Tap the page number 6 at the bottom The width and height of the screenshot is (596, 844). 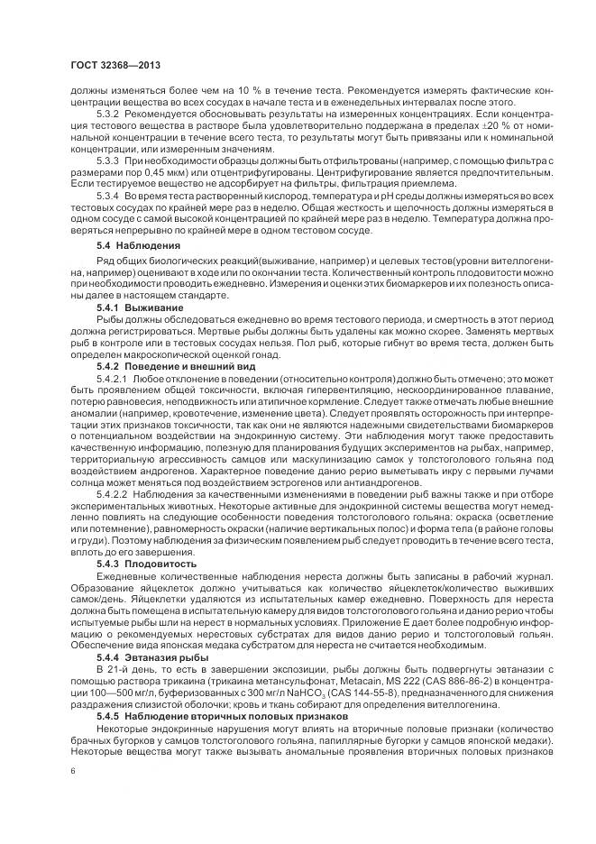coord(72,771)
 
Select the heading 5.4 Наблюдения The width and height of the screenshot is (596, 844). coord(138,246)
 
